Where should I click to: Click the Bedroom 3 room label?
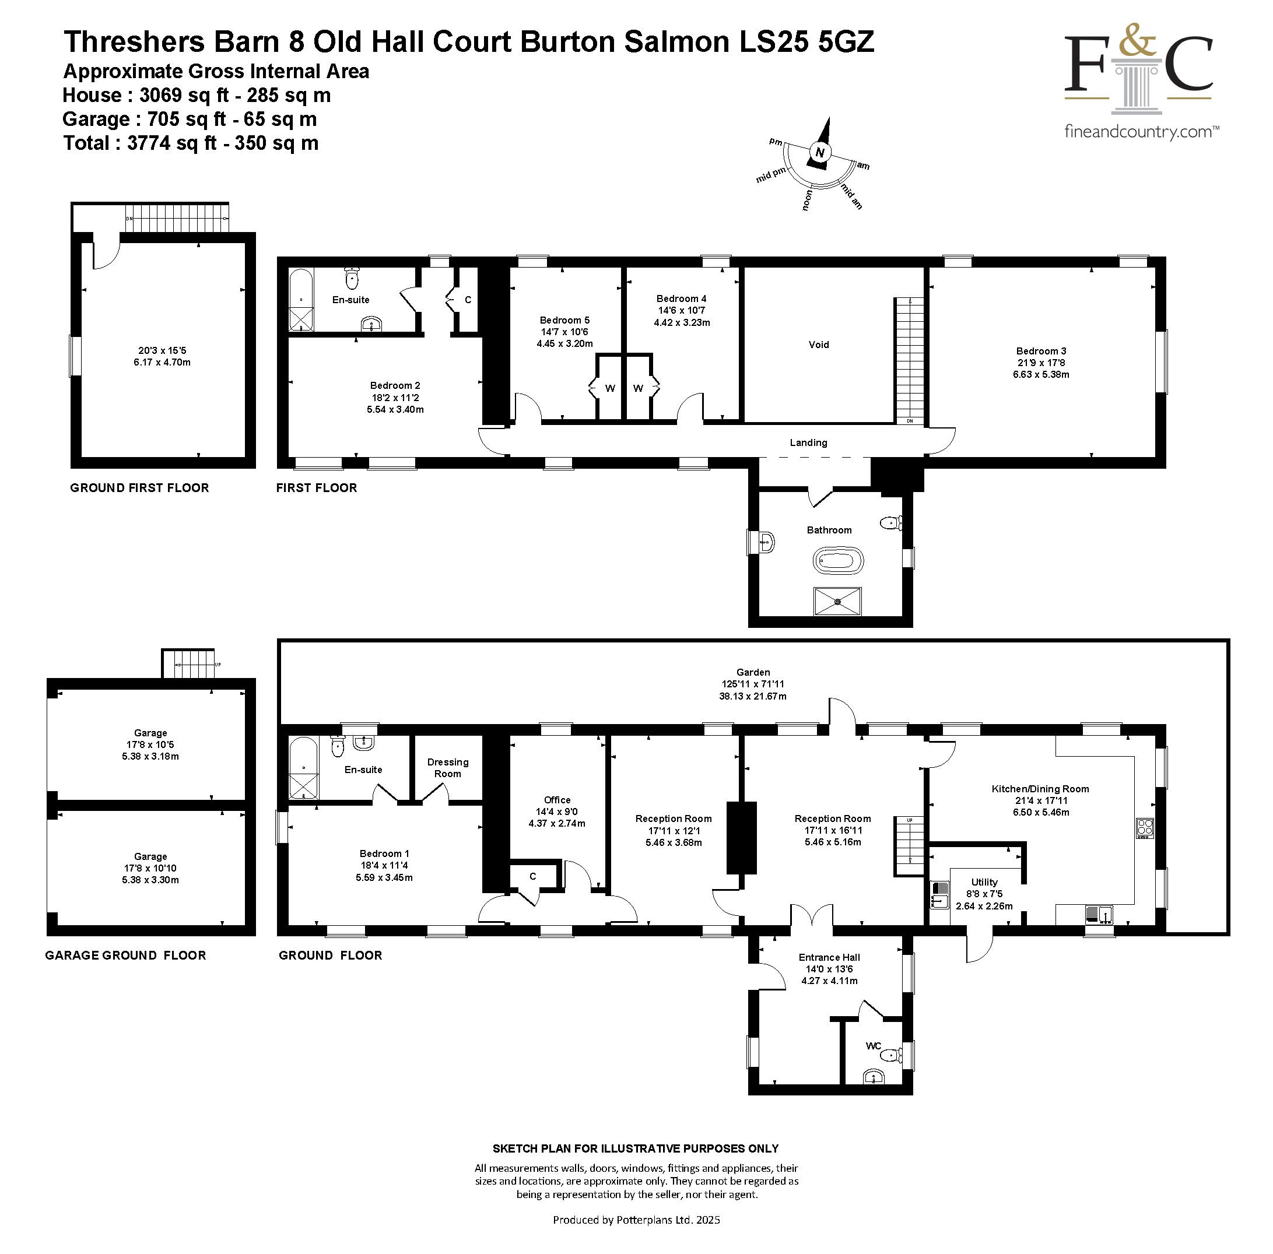pyautogui.click(x=1040, y=352)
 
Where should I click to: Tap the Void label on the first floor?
pyautogui.click(x=818, y=345)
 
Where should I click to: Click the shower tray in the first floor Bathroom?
pyautogui.click(x=837, y=601)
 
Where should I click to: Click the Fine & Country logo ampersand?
pyautogui.click(x=1138, y=41)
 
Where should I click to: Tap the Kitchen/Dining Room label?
pyautogui.click(x=1040, y=789)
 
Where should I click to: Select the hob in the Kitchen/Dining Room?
pyautogui.click(x=1145, y=828)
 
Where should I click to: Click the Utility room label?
pyautogui.click(x=984, y=883)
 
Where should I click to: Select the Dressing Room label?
pyautogui.click(x=447, y=768)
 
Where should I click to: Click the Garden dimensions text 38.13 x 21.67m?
pyautogui.click(x=752, y=696)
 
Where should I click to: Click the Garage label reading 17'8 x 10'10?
pyautogui.click(x=150, y=868)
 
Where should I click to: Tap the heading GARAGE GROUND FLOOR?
pyautogui.click(x=125, y=956)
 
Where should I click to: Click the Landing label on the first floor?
pyautogui.click(x=808, y=442)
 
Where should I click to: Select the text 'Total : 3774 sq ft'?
pyautogui.click(x=140, y=143)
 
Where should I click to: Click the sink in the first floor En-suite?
pyautogui.click(x=372, y=324)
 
